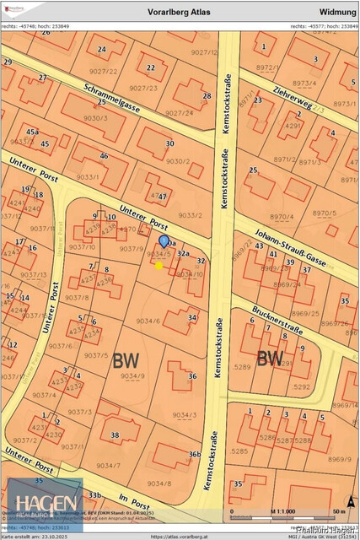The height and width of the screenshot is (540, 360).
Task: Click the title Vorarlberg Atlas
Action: pos(182,12)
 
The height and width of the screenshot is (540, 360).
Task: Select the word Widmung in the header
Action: pos(337,12)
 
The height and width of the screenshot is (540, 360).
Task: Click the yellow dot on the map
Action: pos(159,265)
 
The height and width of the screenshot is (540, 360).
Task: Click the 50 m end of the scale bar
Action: pos(339,512)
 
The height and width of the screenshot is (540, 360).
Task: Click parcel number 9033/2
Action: pos(190,215)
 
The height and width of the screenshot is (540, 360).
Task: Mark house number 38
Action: pos(115,435)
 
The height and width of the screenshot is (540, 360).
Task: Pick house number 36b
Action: pos(195,455)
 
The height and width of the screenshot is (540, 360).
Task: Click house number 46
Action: pos(104,156)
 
